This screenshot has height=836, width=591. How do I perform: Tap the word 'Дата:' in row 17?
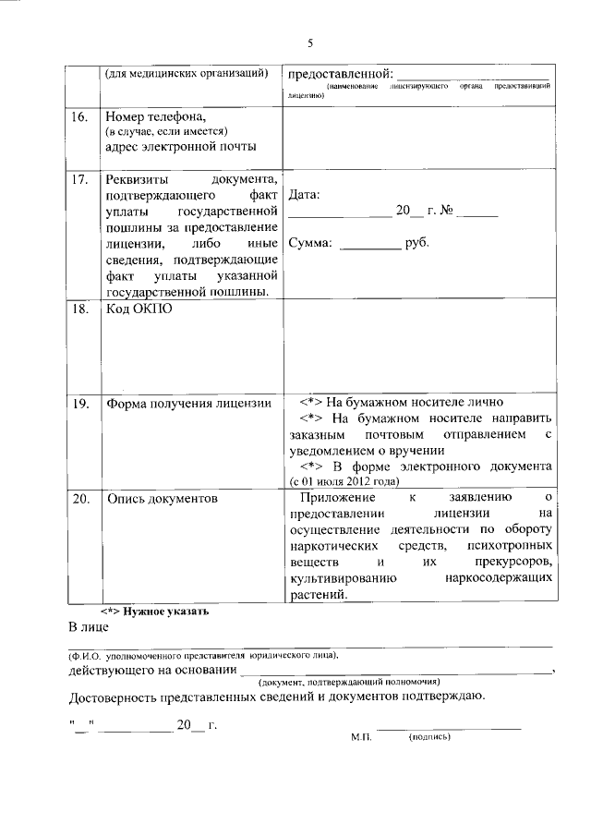pyautogui.click(x=304, y=196)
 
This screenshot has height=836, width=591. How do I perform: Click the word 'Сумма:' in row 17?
pyautogui.click(x=310, y=245)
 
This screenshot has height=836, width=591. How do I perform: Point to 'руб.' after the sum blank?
pyautogui.click(x=416, y=245)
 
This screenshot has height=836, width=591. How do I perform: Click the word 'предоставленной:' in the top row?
pyautogui.click(x=339, y=73)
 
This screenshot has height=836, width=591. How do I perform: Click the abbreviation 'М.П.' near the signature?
pyautogui.click(x=360, y=738)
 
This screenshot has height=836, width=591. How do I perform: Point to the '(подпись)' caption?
pyautogui.click(x=428, y=738)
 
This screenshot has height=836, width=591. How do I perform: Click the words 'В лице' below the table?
pyautogui.click(x=90, y=628)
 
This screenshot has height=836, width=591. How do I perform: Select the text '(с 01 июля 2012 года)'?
pyautogui.click(x=344, y=481)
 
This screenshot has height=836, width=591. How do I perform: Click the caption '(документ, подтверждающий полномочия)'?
pyautogui.click(x=354, y=681)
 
